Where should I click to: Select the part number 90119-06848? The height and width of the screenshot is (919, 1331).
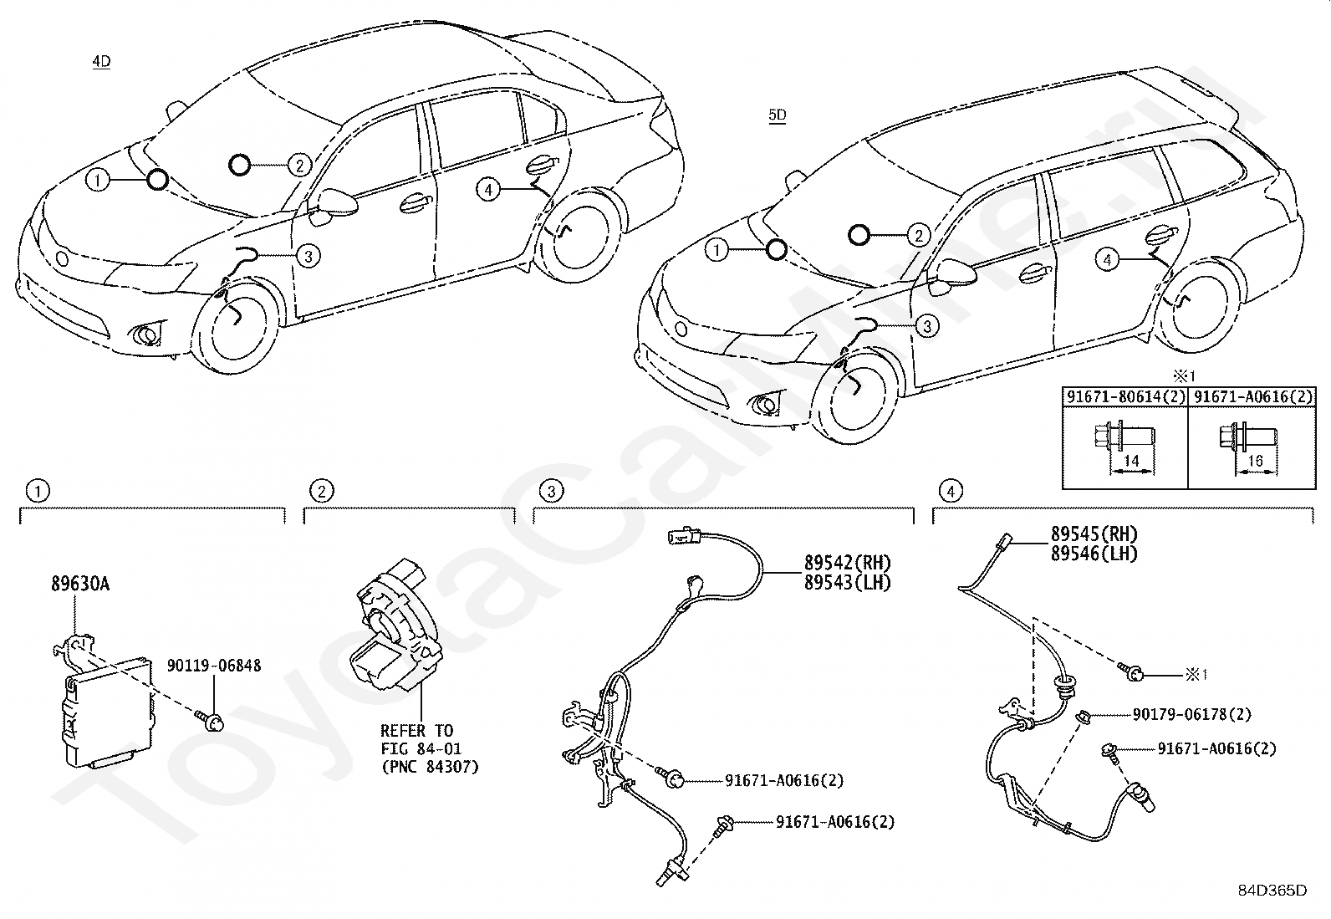[x=213, y=666]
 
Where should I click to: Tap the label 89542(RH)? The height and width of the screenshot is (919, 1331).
[x=847, y=562]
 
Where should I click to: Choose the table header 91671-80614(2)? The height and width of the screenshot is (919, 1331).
[x=1124, y=397]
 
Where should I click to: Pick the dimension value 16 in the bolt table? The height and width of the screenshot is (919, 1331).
[x=1256, y=461]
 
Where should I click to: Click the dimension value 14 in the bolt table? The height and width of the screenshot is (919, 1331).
[x=1131, y=461]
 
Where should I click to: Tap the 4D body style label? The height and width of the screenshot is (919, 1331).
[x=101, y=61]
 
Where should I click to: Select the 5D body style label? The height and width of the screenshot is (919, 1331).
[x=778, y=116]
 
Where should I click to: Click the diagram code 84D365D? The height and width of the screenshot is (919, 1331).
[x=1272, y=890]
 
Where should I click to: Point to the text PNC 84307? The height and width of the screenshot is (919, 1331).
[x=430, y=766]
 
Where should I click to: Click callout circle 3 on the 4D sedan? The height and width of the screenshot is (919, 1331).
[x=308, y=256]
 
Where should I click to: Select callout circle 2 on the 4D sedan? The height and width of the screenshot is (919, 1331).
[x=298, y=166]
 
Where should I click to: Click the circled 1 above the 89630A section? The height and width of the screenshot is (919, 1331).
[x=38, y=491]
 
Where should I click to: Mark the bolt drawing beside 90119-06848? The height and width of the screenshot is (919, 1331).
[x=211, y=719]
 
